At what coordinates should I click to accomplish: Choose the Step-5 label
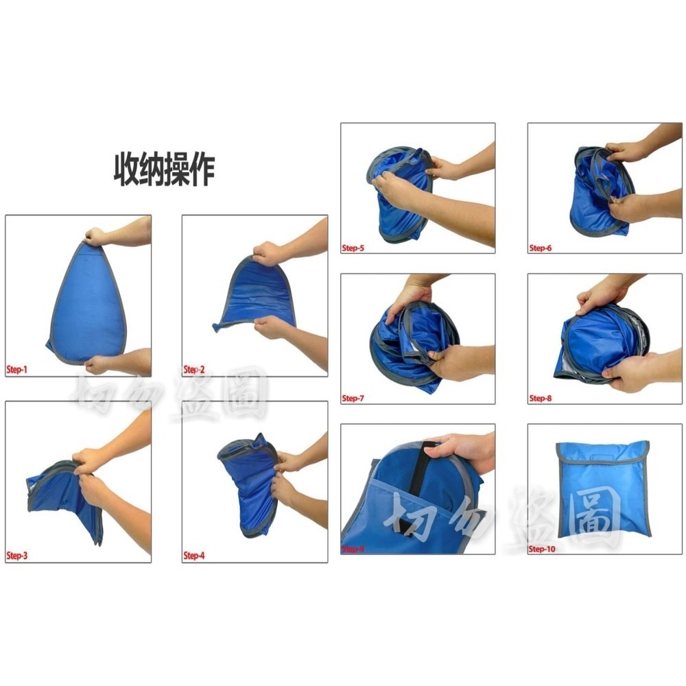point(353,247)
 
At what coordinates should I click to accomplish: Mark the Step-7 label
point(353,397)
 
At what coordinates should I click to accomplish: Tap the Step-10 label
point(543,548)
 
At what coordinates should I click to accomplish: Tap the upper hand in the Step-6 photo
point(628,151)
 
